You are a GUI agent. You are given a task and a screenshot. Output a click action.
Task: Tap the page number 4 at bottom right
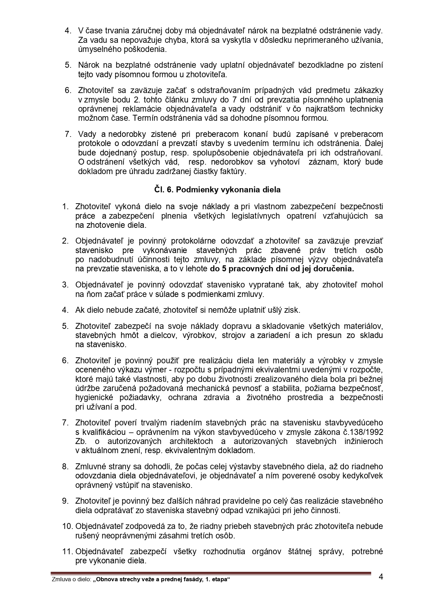[381, 577]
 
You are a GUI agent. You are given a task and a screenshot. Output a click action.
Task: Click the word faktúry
[235, 172]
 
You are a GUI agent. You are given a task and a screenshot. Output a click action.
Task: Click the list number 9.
[65, 501]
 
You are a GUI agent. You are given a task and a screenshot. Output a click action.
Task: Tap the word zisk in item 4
[292, 310]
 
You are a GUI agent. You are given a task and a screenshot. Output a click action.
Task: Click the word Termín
[145, 118]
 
